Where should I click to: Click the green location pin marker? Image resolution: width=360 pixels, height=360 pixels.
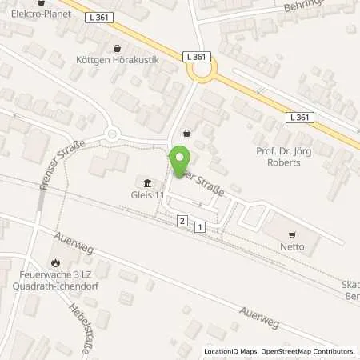(x=182, y=162)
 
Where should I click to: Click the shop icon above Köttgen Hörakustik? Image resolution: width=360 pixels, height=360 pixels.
(x=118, y=48)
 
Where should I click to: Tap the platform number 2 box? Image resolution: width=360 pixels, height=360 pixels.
(x=182, y=221)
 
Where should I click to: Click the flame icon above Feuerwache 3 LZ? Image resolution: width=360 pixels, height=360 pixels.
(x=54, y=262)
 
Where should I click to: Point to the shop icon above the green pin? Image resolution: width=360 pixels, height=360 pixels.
(x=187, y=133)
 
